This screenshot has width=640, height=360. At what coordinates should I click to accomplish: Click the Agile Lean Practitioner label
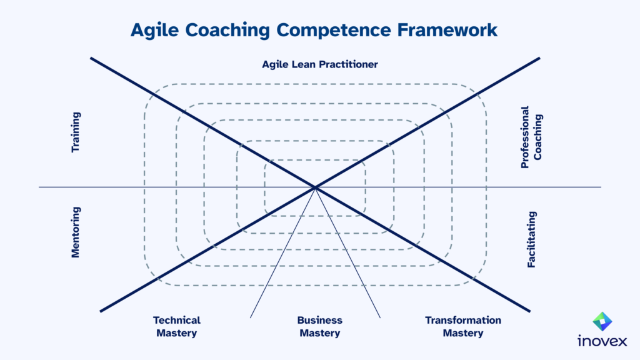pos(320,64)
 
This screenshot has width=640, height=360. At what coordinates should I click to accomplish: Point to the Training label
pos(76,132)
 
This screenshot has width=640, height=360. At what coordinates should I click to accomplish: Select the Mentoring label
pos(76,232)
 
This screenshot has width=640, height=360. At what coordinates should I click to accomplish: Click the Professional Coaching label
pos(531,137)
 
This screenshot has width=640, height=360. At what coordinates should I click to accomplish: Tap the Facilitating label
pos(531,239)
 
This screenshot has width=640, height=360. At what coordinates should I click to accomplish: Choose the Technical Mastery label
pos(177,326)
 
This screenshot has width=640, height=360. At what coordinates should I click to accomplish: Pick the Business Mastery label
pos(320,326)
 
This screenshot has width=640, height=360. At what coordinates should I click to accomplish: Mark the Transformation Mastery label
pos(463,326)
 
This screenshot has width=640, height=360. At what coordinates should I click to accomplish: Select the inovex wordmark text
pos(602,342)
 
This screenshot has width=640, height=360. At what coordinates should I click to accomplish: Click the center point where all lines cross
pos(315,187)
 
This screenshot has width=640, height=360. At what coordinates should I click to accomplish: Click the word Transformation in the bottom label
pos(463,320)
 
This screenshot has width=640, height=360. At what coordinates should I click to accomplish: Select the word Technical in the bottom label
pos(177,320)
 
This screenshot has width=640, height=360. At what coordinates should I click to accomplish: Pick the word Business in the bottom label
pos(320,320)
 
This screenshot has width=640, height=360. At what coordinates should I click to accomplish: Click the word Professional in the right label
pos(525,137)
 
